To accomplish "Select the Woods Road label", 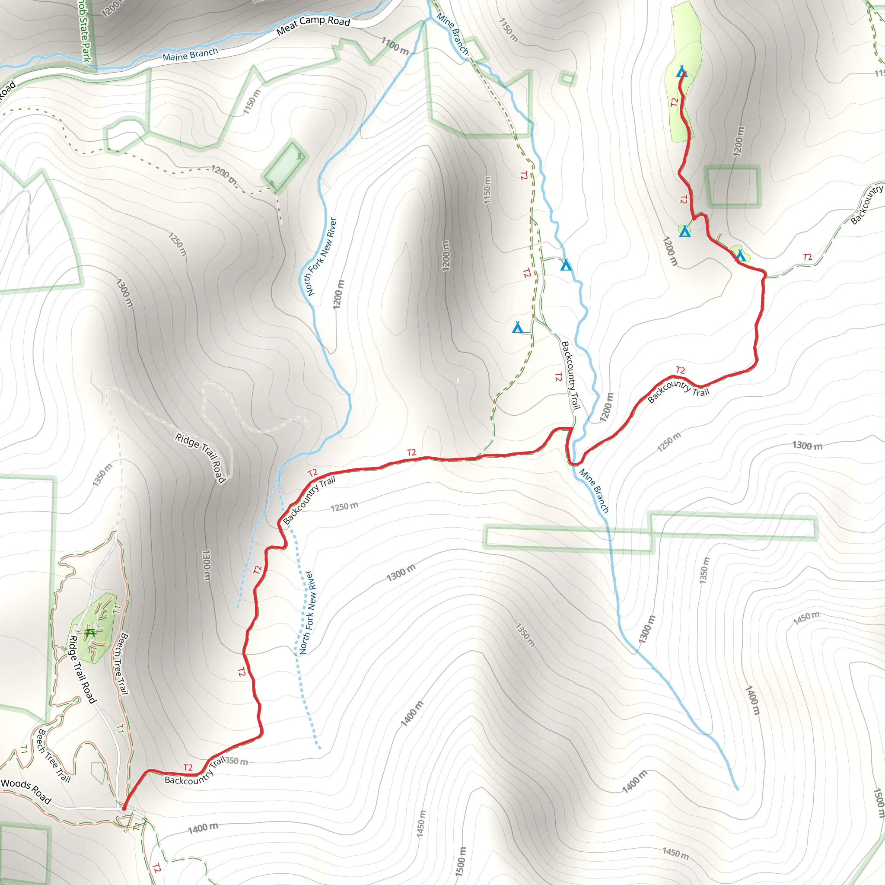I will pos(25,791).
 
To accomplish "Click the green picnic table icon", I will pos(90,633).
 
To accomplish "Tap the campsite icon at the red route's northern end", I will pos(681,71).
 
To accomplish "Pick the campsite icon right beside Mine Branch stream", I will pos(566,265).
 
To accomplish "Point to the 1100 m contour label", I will pos(395,46).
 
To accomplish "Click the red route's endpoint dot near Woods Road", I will pos(124,809).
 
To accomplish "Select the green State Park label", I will pos(85,32).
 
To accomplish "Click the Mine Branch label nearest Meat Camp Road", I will pos(452,33).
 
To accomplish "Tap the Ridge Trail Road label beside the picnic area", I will pos(83,669).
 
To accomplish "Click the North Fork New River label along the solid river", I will pos(321,257).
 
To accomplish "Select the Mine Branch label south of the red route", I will pos(594,490).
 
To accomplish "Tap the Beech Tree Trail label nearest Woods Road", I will pos(54,756).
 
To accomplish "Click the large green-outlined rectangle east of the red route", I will pos(732,186).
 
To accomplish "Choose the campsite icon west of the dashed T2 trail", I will pos(518,328).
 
